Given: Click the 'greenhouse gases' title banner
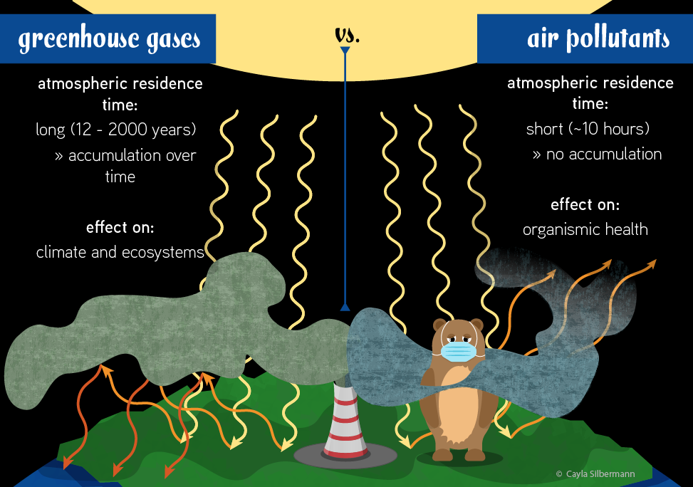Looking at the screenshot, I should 108,38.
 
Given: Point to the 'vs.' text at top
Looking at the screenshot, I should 347,34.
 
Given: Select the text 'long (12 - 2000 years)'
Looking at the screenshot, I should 116,130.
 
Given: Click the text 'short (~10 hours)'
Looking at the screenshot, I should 588,129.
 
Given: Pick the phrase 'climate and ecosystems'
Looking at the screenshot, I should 120,252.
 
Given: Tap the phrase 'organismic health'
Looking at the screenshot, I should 585,229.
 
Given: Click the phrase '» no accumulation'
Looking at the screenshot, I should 597,154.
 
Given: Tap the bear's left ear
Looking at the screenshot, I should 439,325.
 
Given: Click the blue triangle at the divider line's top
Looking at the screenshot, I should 345,51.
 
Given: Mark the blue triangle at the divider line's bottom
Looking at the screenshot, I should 345,307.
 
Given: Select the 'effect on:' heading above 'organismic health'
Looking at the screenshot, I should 585,205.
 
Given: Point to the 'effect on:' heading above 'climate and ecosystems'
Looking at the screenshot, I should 120,228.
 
